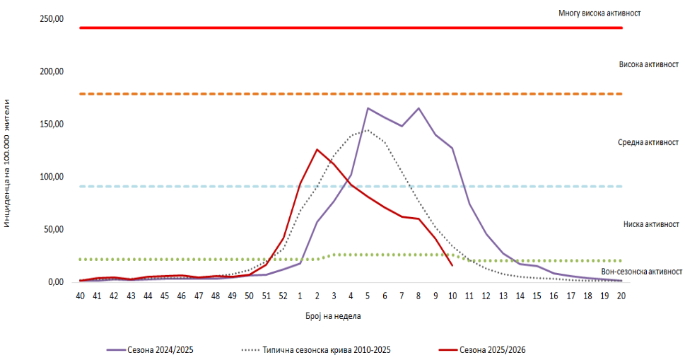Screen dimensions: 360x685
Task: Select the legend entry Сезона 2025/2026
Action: (492, 349)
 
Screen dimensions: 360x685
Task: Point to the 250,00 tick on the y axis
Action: (52, 19)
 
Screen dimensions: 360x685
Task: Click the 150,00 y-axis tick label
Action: (52, 124)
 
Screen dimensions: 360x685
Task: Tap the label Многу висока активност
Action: (599, 13)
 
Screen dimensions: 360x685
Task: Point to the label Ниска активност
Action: (651, 224)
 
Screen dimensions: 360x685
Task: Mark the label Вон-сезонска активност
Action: (641, 272)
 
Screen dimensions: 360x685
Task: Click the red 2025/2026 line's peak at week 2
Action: (317, 149)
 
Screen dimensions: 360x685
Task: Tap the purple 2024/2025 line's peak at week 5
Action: (368, 108)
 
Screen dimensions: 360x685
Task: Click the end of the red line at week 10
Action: (452, 265)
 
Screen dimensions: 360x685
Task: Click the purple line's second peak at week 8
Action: (418, 108)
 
